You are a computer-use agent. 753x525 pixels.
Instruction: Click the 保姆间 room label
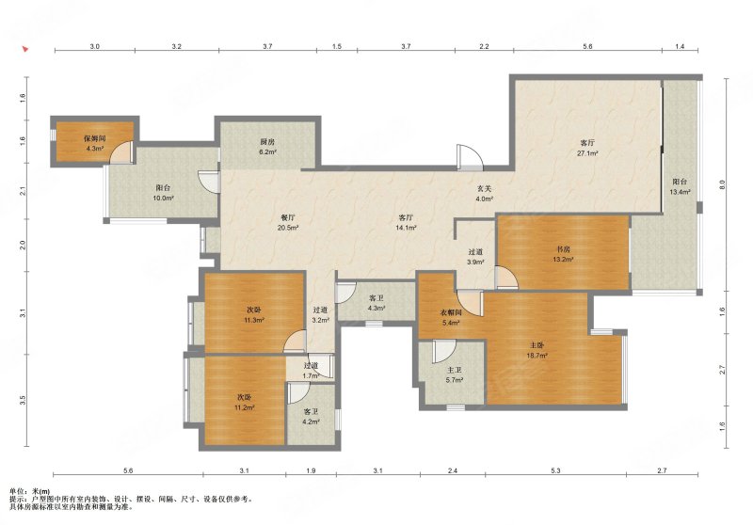[x=95, y=138]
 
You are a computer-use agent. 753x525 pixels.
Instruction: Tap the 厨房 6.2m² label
[x=268, y=147]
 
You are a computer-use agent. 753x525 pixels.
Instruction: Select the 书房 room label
[x=563, y=249]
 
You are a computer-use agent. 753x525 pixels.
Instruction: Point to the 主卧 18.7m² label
[x=537, y=350]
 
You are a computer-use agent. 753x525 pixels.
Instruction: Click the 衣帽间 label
[x=452, y=313]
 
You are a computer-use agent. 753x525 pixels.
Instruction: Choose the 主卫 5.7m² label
[x=455, y=374]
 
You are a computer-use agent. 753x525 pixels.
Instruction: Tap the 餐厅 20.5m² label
[x=288, y=223]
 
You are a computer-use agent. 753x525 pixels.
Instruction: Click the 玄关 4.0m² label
[x=484, y=194]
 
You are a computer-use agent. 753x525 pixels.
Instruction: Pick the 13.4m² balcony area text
[x=680, y=193]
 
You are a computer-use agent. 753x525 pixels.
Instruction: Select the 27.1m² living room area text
[x=587, y=153]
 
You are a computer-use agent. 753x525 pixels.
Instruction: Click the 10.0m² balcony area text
[x=163, y=198]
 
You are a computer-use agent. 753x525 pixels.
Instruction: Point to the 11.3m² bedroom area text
[x=254, y=320]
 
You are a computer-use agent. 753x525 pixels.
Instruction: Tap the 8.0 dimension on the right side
[x=722, y=184]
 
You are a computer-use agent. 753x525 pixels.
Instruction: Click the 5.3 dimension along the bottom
[x=555, y=470]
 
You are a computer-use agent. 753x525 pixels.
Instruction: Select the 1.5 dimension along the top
[x=337, y=46]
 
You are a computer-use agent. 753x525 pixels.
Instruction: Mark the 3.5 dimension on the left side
[x=23, y=400]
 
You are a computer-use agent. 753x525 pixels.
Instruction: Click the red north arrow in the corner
[x=25, y=49]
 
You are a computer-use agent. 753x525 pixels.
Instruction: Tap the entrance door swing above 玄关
[x=469, y=156]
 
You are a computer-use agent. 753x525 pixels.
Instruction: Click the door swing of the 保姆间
[x=120, y=153]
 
